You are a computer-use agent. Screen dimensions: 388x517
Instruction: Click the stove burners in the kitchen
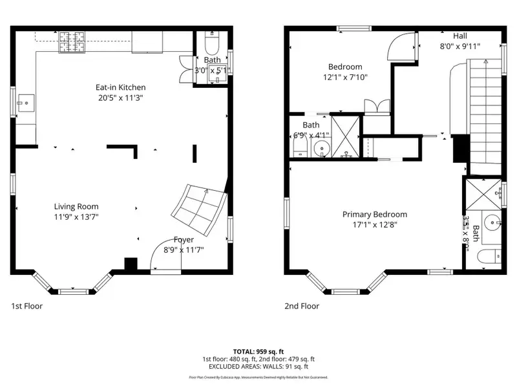point(69,43)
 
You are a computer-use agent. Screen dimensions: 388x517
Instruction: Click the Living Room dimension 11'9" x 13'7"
point(76,217)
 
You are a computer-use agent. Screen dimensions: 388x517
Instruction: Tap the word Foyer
point(184,240)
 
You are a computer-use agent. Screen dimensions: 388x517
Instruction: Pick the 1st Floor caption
point(27,306)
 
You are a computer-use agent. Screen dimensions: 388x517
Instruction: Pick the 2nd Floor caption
point(302,306)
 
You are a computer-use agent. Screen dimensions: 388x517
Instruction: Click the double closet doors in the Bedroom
point(377,106)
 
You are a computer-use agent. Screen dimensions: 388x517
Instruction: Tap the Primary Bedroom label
point(375,215)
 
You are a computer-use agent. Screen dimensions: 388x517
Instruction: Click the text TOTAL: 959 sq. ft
point(258,350)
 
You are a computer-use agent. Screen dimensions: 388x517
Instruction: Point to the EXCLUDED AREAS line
point(258,366)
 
